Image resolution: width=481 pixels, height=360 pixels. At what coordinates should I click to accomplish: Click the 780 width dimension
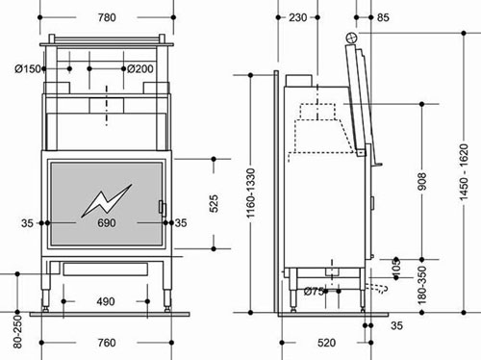(107, 17)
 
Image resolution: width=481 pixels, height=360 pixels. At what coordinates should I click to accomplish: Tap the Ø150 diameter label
(28, 68)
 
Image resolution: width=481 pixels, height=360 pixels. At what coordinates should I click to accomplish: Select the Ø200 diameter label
(140, 68)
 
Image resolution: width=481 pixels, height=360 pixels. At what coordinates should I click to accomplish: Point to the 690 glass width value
(107, 222)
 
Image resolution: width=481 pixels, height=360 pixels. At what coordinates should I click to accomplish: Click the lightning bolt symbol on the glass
(107, 200)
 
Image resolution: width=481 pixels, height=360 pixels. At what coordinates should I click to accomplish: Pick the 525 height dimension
(214, 203)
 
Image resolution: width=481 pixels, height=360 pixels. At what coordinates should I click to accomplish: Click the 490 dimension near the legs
(106, 301)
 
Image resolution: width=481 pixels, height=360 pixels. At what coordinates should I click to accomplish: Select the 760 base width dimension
(107, 343)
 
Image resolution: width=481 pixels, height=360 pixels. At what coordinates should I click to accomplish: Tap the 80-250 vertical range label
(17, 331)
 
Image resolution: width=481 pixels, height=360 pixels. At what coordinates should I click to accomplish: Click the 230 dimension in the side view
(298, 17)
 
